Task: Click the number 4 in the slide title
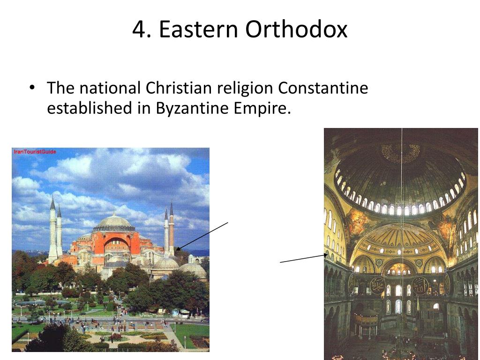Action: click(139, 30)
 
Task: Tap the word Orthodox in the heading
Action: click(296, 30)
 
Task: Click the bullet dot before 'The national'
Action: click(32, 88)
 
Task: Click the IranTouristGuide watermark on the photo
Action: click(35, 152)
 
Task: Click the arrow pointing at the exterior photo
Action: click(202, 236)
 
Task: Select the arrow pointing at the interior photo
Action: click(303, 258)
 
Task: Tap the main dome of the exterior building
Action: click(114, 223)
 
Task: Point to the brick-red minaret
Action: click(172, 230)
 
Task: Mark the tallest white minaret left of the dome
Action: click(52, 230)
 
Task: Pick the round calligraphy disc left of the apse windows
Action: click(377, 285)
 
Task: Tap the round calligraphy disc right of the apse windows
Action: click(420, 285)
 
